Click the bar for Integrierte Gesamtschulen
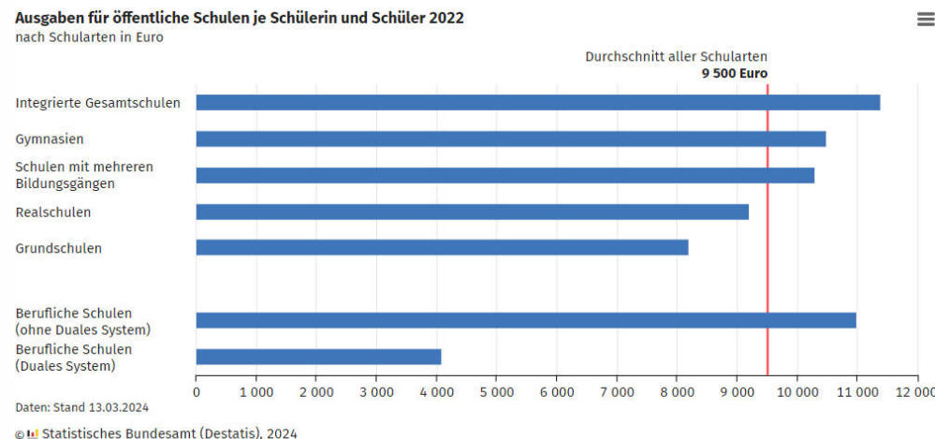pos(537,103)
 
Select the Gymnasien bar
pos(510,139)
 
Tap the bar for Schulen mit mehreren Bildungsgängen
pos(504,175)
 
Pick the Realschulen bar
pos(472,212)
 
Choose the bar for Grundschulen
pos(442,247)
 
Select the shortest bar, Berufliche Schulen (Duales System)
pos(318,357)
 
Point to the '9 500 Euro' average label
pos(735,73)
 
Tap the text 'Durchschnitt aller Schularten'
pos(676,56)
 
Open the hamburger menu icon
pos(925,20)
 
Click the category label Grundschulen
pos(58,248)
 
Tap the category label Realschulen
pos(53,212)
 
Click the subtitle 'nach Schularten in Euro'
pos(89,37)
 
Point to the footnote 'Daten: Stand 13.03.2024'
pos(81,407)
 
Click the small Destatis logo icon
pos(33,433)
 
